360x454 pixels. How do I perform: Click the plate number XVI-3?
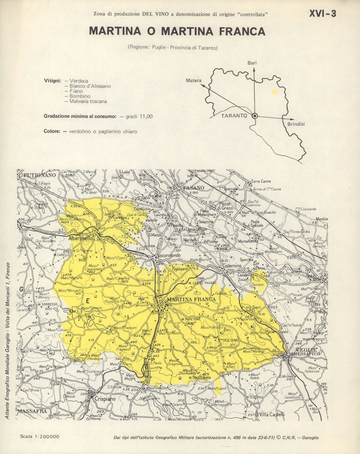click(323, 14)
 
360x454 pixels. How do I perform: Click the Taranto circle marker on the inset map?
click(255, 116)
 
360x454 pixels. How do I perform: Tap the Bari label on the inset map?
click(252, 63)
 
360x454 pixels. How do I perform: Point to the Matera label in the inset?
click(194, 81)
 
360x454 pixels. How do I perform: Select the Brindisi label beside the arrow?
click(296, 124)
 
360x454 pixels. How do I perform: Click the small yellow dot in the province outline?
click(275, 92)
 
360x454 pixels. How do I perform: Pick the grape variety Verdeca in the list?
click(79, 81)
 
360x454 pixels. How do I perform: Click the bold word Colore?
click(52, 131)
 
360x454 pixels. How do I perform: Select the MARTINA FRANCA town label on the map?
click(192, 299)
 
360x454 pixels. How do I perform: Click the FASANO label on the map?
click(193, 188)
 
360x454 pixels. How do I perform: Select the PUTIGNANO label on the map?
click(40, 175)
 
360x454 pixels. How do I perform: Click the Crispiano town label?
click(105, 399)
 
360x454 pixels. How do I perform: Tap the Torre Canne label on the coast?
click(261, 181)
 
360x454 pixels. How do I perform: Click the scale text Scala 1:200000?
click(40, 437)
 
